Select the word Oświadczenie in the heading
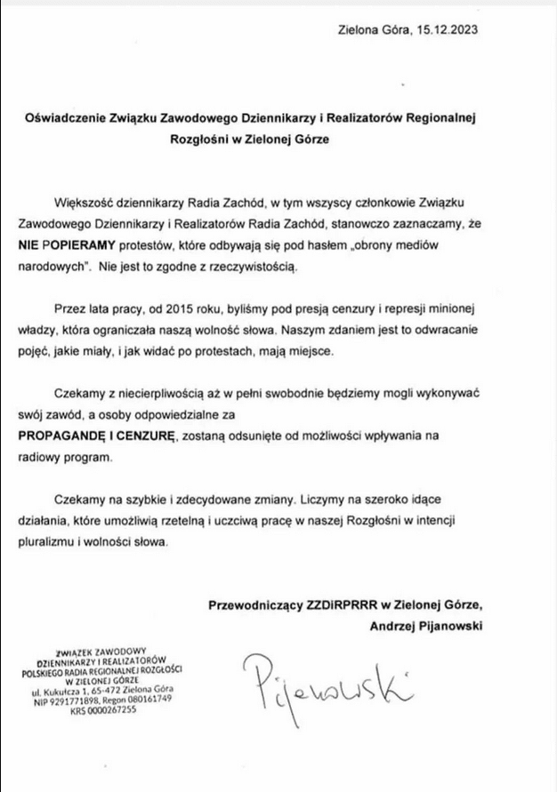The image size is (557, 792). pyautogui.click(x=65, y=118)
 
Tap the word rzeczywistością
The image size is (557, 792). pyautogui.click(x=262, y=265)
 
